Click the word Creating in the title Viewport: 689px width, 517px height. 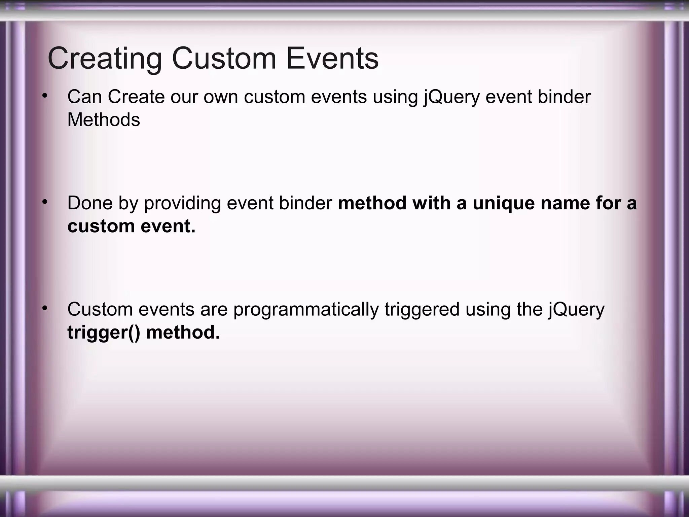[x=105, y=59]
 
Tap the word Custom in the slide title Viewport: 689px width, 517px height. [x=224, y=59]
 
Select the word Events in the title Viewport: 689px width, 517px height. [x=332, y=59]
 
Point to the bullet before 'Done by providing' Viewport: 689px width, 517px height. [x=44, y=202]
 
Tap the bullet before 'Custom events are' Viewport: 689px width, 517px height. [x=44, y=308]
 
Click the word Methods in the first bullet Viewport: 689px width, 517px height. [x=104, y=119]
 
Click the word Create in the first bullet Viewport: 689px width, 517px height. [x=136, y=97]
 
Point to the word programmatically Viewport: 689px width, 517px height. [x=306, y=310]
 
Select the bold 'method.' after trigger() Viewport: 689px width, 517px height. [x=183, y=332]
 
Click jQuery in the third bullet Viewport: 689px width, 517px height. [x=576, y=310]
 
